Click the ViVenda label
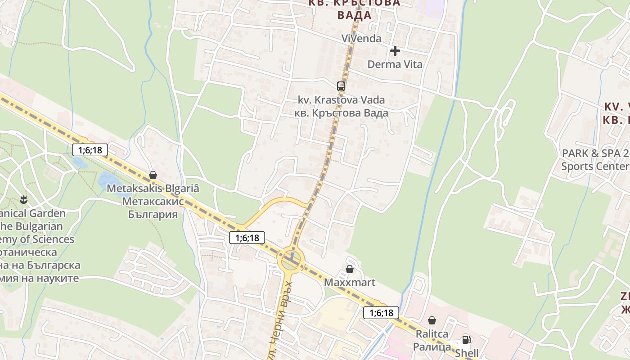[361, 39]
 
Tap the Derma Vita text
[395, 64]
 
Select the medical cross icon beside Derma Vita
[395, 51]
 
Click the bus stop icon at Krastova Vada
[341, 86]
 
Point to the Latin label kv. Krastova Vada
[341, 99]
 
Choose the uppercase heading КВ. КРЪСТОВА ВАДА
[354, 9]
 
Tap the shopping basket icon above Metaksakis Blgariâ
[153, 175]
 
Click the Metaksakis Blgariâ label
[153, 189]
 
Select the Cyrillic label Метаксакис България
[153, 207]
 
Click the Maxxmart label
[350, 283]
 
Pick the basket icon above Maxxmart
[350, 269]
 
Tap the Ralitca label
[432, 334]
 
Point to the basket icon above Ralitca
[432, 320]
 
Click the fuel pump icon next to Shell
[466, 340]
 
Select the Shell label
[467, 353]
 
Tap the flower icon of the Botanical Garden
[23, 198]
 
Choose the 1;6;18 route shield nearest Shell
[381, 313]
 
